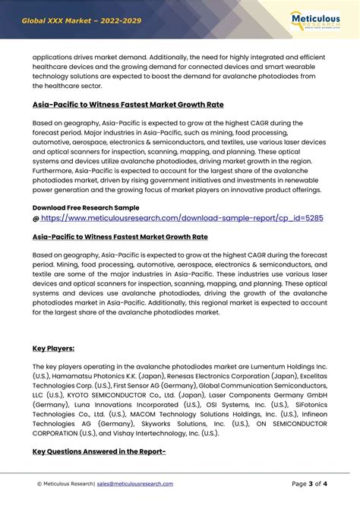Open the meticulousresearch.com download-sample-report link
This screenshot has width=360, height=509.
[x=182, y=218]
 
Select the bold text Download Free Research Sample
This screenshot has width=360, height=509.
[x=85, y=207]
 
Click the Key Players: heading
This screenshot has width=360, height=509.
[x=53, y=348]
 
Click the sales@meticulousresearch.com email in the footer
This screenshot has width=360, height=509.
[x=135, y=484]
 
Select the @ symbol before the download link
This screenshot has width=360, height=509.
[x=36, y=218]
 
